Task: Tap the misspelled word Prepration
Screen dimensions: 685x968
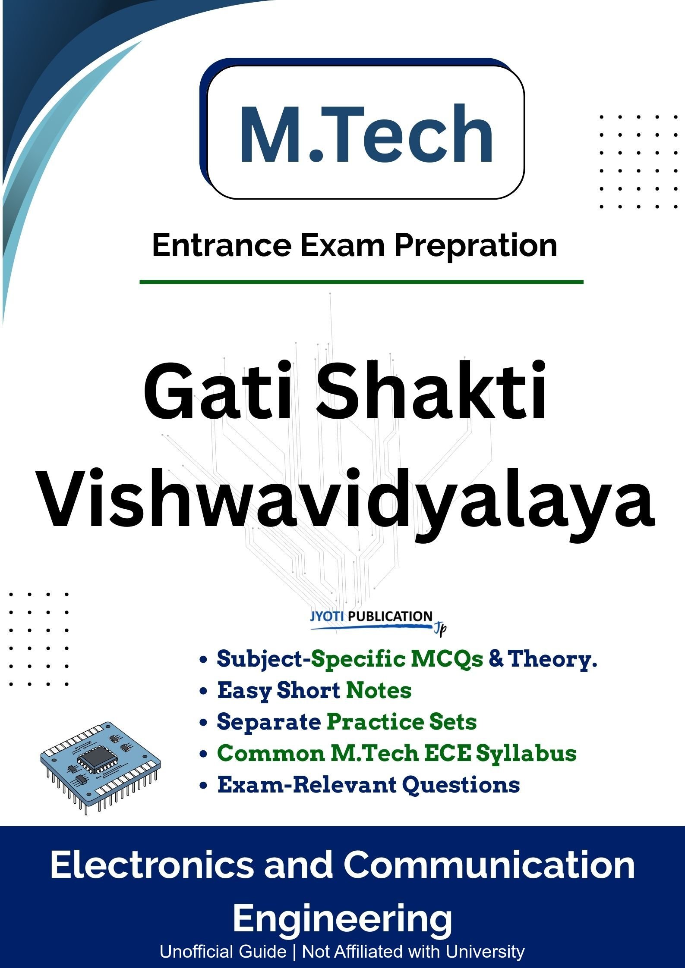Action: coord(476,246)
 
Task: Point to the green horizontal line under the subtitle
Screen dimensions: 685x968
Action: coord(361,282)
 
